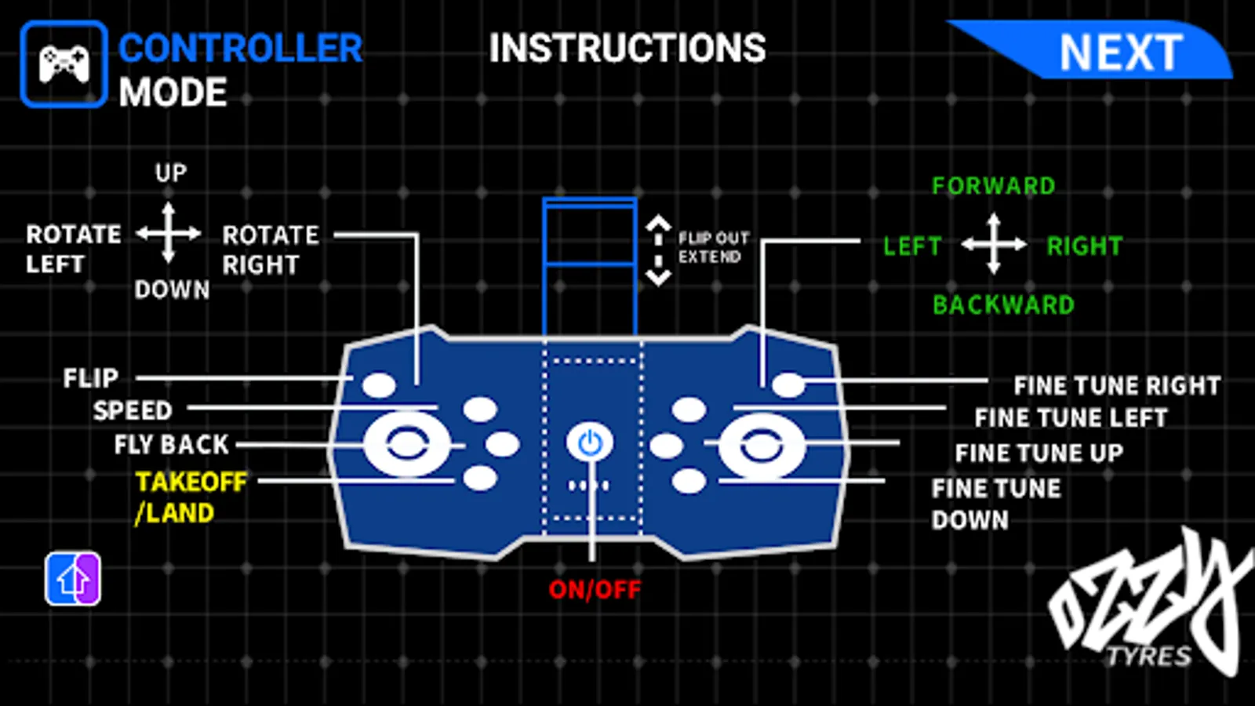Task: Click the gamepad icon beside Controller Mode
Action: coord(64,64)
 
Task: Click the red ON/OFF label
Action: coord(595,589)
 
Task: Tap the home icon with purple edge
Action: coord(73,579)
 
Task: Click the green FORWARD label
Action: coord(993,186)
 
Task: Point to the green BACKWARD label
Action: coord(1003,304)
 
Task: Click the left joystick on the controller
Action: coord(406,445)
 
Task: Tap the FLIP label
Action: coord(91,378)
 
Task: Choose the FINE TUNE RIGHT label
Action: coord(1117,386)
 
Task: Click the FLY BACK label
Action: coord(171,445)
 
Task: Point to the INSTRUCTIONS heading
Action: coord(627,49)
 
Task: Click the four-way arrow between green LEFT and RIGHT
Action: coord(994,245)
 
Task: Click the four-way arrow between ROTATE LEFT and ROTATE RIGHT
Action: coord(169,233)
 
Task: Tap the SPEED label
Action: coord(133,410)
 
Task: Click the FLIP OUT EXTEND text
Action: coord(713,247)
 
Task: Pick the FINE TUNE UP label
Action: coord(1039,453)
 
